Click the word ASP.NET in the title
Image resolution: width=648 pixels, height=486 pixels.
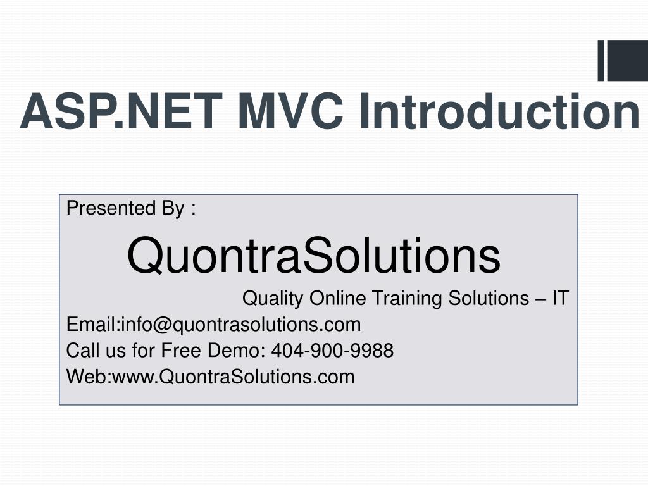[x=121, y=111]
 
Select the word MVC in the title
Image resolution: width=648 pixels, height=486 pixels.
[x=290, y=111]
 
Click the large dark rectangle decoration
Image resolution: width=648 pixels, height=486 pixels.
[x=627, y=61]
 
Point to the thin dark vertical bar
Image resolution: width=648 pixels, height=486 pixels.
[x=601, y=61]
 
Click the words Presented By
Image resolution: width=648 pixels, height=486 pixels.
[x=125, y=208]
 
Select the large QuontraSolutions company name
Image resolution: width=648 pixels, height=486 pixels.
[x=314, y=256]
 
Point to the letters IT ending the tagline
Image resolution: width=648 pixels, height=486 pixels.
[x=561, y=298]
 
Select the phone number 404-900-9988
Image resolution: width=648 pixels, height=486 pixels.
[x=332, y=351]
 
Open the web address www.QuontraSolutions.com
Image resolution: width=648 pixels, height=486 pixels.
[x=234, y=377]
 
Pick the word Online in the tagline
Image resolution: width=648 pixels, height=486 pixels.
[x=337, y=298]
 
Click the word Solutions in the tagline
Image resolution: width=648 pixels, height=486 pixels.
[x=489, y=298]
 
